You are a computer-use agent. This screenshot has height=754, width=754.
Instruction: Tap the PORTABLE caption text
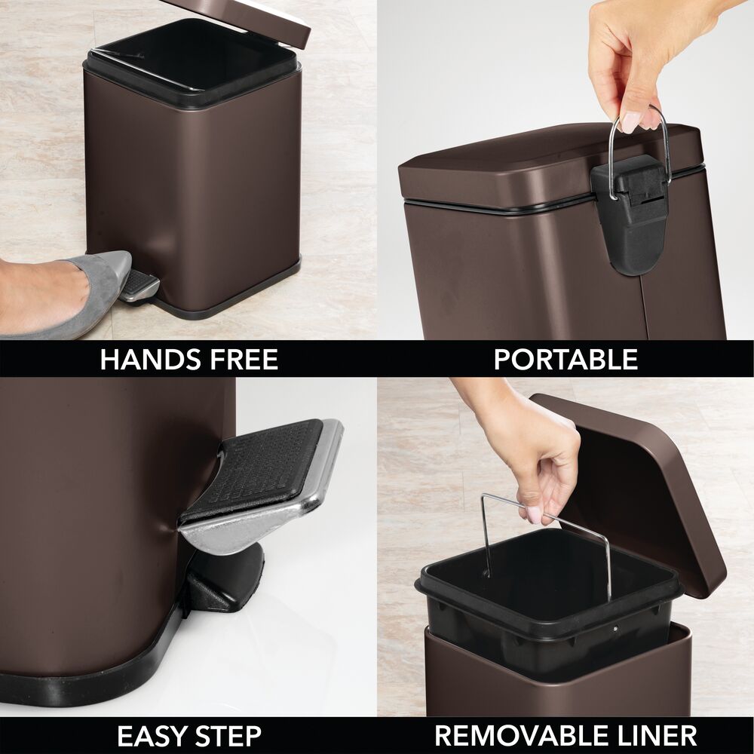[x=565, y=360]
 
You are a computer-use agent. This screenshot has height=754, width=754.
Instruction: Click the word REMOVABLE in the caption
[x=513, y=735]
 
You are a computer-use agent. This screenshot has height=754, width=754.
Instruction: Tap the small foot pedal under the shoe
[x=140, y=286]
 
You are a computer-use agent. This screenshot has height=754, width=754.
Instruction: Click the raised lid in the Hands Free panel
[x=249, y=19]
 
